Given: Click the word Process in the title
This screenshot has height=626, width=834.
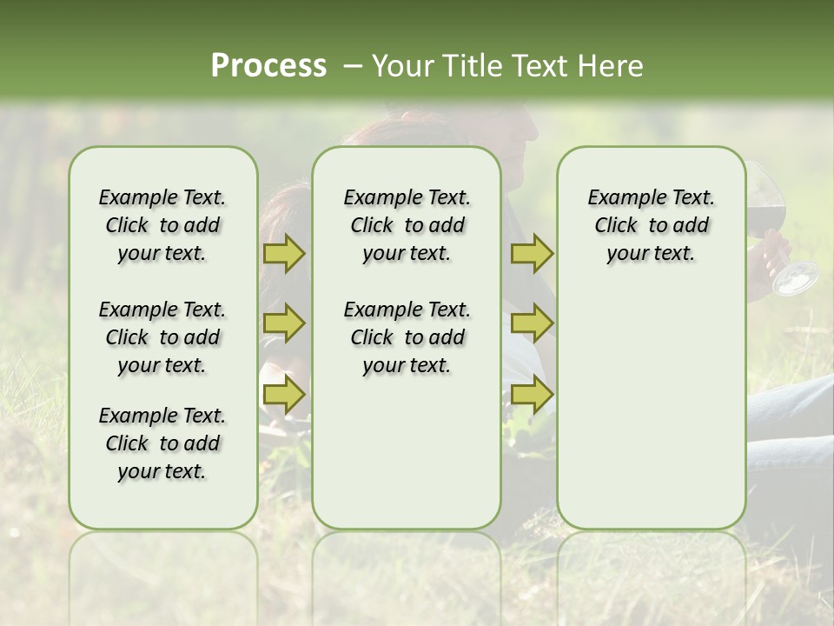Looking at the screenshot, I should pos(268,66).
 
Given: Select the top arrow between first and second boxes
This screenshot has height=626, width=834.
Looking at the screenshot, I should pos(283,253).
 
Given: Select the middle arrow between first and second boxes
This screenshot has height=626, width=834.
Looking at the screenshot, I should pos(283,323).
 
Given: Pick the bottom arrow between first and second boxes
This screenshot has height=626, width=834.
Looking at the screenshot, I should pos(283,395).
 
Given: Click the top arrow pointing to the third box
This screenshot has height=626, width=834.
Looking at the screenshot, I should pos(532,253).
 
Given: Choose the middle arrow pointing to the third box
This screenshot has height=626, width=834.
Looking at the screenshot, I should pos(532,323).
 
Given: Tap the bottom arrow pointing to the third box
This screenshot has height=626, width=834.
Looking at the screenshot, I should pos(532,395).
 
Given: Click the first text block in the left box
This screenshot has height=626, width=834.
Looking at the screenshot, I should pos(162,225).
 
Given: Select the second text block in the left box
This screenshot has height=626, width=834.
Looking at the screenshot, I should pos(162,337).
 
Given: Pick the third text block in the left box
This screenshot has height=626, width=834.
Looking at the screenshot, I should pos(162,443).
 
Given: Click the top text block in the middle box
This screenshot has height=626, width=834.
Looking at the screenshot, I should pos(407,225).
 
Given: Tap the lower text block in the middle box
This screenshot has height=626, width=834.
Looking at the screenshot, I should pos(407,337).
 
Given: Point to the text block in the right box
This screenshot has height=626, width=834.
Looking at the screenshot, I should pos(651,225).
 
